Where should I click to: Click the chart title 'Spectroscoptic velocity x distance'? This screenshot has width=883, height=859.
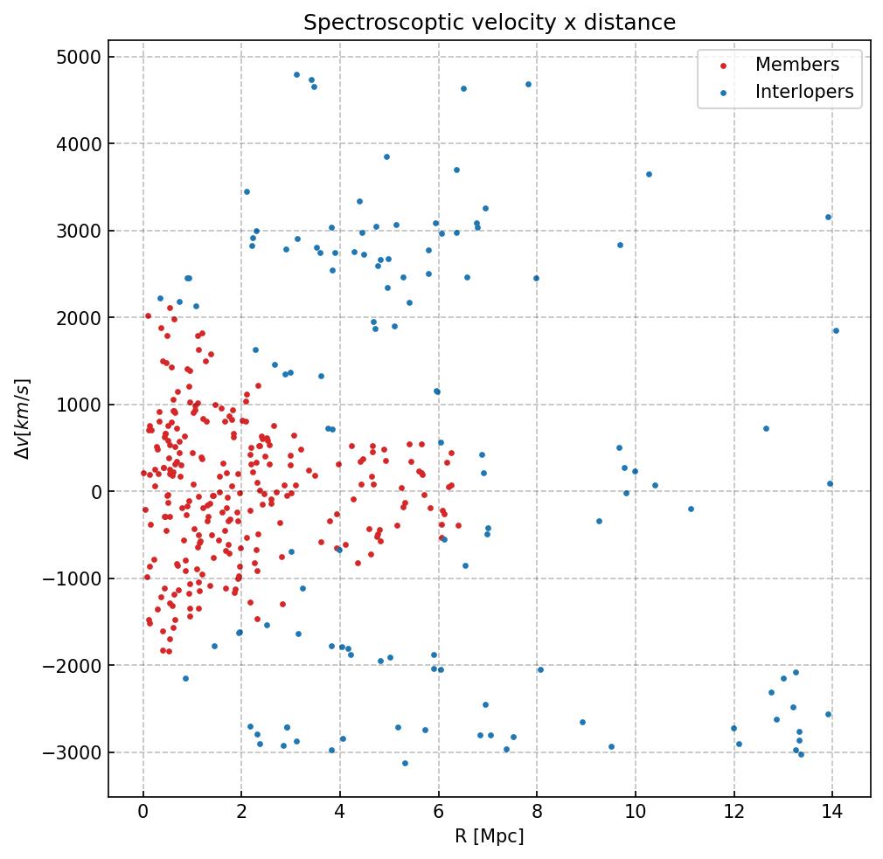(x=490, y=23)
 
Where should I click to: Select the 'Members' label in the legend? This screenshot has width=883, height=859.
(x=796, y=65)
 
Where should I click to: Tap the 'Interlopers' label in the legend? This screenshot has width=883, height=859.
(x=803, y=92)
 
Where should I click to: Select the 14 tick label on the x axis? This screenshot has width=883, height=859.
(x=831, y=814)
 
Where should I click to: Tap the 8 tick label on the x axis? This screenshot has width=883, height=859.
(x=537, y=814)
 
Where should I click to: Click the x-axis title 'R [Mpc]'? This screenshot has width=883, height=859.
(x=489, y=837)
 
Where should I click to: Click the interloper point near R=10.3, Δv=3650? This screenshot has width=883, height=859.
(x=649, y=174)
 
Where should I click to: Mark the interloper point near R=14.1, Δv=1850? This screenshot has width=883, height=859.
(x=836, y=330)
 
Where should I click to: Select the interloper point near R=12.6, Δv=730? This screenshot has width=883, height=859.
(x=766, y=428)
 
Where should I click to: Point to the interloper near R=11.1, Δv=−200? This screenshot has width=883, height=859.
(x=691, y=509)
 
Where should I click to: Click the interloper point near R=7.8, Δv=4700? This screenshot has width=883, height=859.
(x=528, y=84)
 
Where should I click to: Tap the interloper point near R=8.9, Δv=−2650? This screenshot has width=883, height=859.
(x=582, y=722)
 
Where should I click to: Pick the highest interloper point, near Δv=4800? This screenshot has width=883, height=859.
(x=296, y=74)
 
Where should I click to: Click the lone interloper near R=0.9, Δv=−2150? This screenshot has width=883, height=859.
(x=185, y=678)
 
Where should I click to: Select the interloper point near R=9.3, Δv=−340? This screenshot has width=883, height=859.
(x=599, y=521)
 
